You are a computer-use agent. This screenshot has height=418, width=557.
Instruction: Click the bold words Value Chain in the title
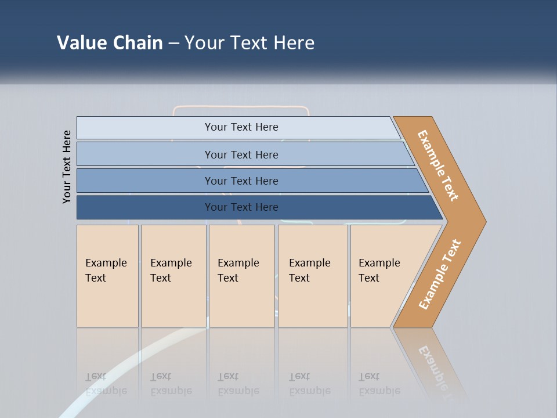tap(110, 43)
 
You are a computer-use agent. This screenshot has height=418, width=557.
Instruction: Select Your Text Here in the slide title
tap(249, 43)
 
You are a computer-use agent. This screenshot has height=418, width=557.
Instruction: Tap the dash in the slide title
tap(173, 44)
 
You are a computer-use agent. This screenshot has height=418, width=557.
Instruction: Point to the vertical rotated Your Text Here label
tap(67, 167)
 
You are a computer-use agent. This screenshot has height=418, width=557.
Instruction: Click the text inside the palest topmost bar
tap(241, 127)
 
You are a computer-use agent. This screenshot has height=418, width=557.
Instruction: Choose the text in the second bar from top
tap(241, 154)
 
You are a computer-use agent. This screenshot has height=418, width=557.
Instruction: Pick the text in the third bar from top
tap(241, 181)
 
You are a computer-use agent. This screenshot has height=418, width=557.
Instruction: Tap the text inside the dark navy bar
tap(241, 207)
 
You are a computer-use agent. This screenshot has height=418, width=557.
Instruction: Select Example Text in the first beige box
tap(106, 270)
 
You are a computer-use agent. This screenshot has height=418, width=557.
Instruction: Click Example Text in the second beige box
tap(171, 270)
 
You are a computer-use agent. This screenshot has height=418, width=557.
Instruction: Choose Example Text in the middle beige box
tap(238, 270)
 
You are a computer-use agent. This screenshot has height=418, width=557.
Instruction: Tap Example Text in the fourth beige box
tap(309, 270)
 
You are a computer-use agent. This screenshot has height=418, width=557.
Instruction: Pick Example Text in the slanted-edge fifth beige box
tap(379, 270)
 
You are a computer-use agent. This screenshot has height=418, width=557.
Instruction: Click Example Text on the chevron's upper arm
tap(438, 165)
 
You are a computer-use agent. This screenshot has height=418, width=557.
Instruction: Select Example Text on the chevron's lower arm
tap(440, 274)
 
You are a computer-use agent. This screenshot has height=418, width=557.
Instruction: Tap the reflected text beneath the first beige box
tap(106, 384)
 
